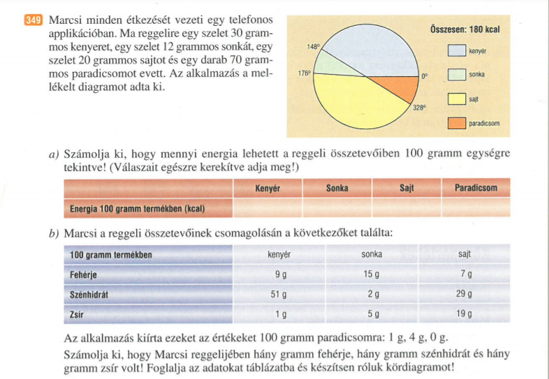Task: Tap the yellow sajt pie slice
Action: pos(356,101)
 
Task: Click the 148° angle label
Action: pos(313,47)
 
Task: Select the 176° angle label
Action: pos(304,72)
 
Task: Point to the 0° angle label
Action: pos(423,76)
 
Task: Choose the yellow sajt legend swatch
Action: pos(457,98)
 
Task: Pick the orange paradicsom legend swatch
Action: pos(457,124)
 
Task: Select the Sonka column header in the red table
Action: pos(337,188)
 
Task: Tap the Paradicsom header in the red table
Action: pos(475,188)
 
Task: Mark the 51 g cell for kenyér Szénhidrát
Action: pos(279,295)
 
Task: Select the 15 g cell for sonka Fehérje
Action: pos(371,275)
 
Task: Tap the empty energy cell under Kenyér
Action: pos(268,208)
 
